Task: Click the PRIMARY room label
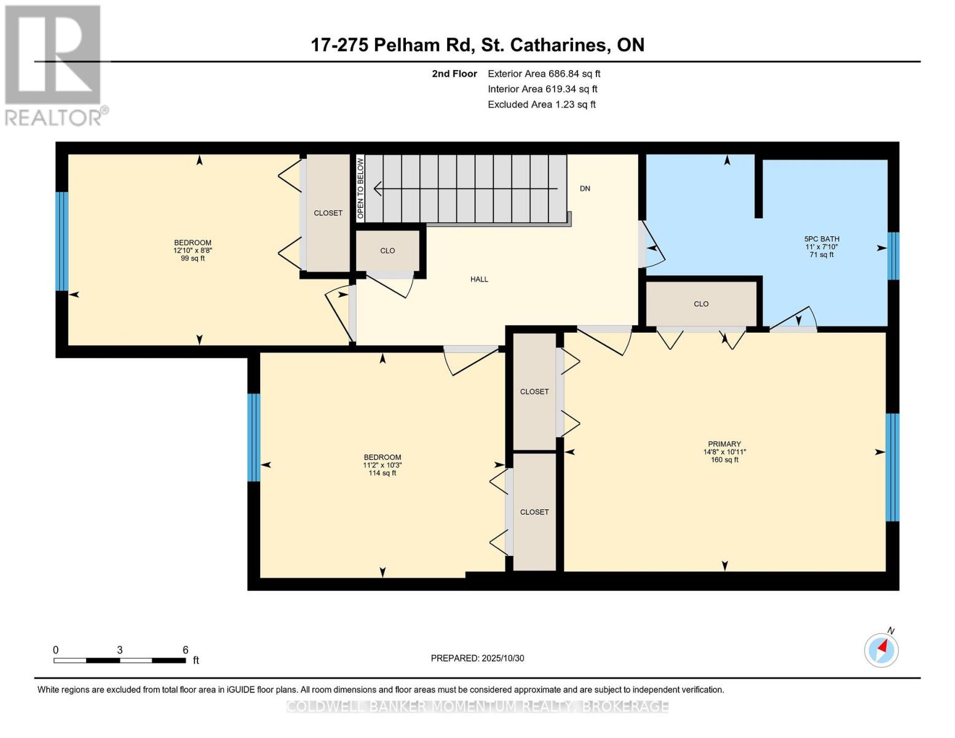click(724, 444)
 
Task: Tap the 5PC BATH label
click(822, 239)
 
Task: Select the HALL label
click(479, 279)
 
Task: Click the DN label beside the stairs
click(585, 189)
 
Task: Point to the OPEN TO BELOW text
click(361, 188)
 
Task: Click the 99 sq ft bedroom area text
click(192, 258)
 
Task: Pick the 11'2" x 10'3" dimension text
click(382, 466)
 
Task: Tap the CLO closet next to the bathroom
click(701, 304)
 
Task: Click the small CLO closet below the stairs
click(387, 251)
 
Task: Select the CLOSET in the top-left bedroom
click(328, 213)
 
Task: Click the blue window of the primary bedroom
click(892, 467)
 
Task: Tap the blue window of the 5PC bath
click(894, 256)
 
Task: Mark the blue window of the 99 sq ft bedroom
click(61, 241)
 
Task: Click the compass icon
click(881, 649)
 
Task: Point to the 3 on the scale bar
click(120, 650)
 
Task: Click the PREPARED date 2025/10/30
click(477, 658)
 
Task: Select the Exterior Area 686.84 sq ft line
click(544, 74)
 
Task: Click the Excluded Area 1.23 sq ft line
click(541, 105)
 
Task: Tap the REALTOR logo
click(54, 65)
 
